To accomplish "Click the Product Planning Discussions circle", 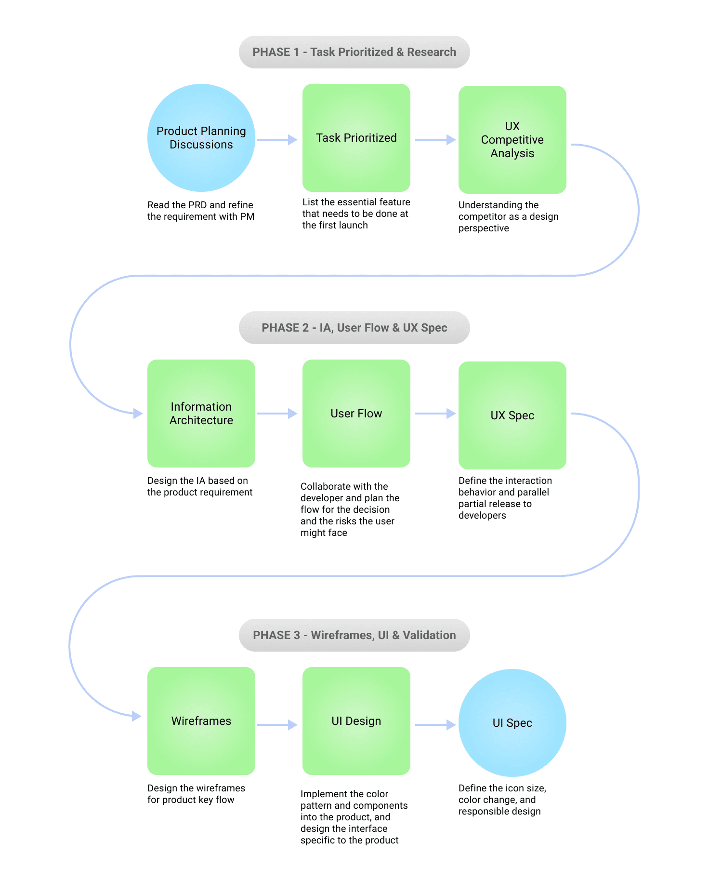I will [x=201, y=138].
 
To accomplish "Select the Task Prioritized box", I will [x=356, y=138].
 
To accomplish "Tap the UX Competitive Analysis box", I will [x=512, y=140].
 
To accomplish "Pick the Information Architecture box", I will [x=201, y=414].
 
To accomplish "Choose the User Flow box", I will [x=356, y=414].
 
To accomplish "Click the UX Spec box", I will [x=512, y=415].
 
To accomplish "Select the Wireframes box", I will [x=201, y=721].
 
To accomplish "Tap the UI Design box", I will [x=356, y=721].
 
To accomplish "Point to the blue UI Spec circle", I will [x=512, y=723].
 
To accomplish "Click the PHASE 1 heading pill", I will [x=354, y=52].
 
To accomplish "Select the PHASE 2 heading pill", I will [x=354, y=328].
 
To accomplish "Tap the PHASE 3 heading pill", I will [x=354, y=635].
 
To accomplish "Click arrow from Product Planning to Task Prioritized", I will [x=277, y=140].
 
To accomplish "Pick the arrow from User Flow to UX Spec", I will [x=435, y=414].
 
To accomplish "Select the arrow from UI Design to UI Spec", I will [x=435, y=725].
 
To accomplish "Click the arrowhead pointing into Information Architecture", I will [x=138, y=414].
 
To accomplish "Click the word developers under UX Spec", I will [x=482, y=516].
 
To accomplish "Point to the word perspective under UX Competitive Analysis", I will [x=484, y=228].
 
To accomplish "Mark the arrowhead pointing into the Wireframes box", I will [x=137, y=716].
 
